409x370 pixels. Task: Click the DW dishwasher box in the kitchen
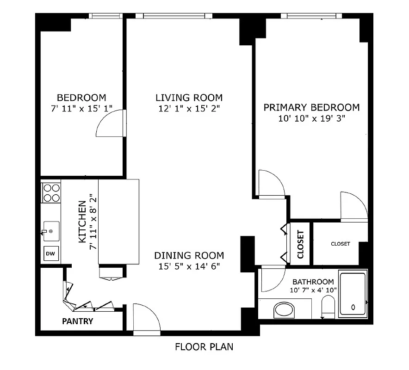point(51,254)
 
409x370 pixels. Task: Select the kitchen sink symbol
point(51,230)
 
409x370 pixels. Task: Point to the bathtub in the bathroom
point(353,295)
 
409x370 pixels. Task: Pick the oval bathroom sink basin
point(284,309)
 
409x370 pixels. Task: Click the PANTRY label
point(78,321)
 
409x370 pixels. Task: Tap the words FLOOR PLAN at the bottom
point(204,347)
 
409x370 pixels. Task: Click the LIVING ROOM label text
point(189,98)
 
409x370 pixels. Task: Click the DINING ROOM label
point(189,255)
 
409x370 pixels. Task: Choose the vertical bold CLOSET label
point(300,244)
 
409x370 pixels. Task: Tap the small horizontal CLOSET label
point(340,244)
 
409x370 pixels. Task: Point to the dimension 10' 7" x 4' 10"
point(313,290)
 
